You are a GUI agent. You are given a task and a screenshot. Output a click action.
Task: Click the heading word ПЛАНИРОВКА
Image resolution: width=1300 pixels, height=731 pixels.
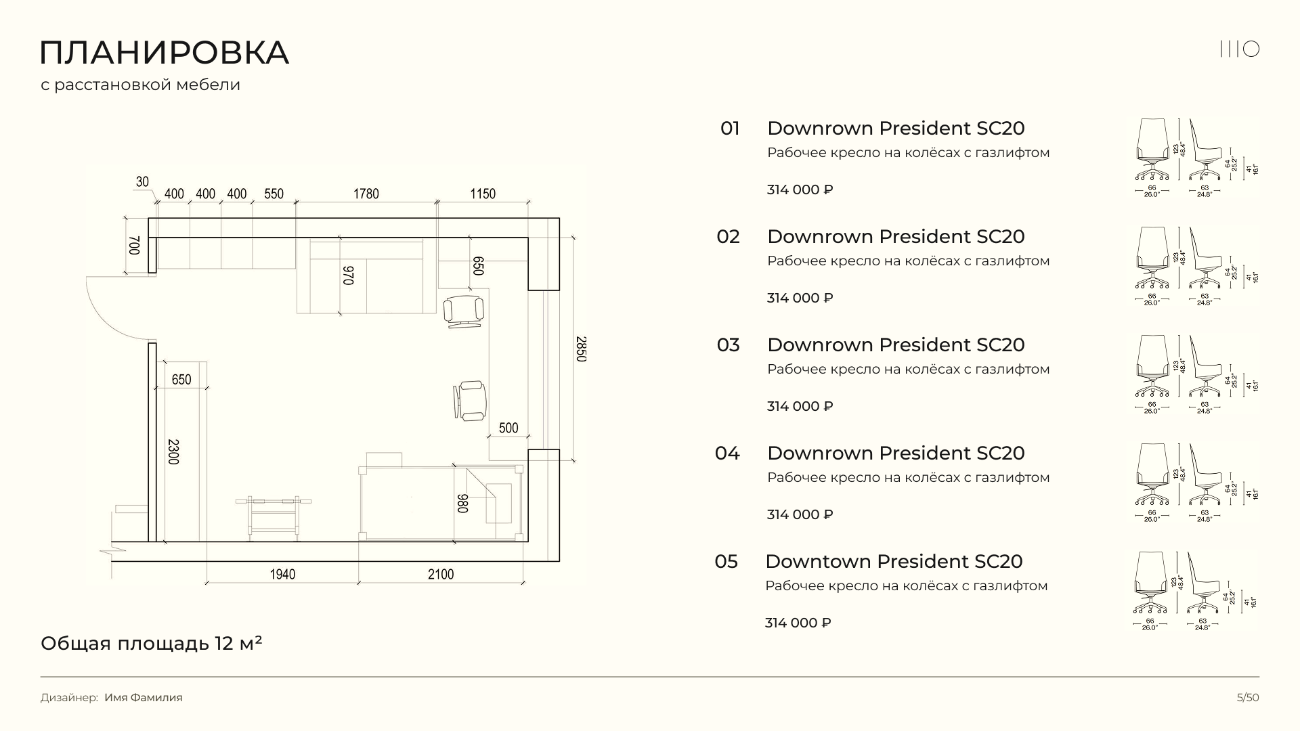click(165, 53)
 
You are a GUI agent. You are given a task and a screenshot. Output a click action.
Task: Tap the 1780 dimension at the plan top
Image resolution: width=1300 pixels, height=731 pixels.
click(366, 194)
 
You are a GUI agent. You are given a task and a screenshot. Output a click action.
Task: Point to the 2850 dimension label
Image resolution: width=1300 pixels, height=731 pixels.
click(580, 349)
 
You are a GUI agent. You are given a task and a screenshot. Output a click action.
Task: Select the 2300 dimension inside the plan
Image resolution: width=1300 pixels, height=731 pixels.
click(173, 451)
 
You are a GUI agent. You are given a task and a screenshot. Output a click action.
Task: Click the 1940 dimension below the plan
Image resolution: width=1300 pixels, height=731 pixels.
click(282, 575)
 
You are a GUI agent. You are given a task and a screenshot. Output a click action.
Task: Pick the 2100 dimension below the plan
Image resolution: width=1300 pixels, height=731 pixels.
click(441, 575)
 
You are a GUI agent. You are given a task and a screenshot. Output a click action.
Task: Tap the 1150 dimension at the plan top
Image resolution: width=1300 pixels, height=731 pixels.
click(483, 194)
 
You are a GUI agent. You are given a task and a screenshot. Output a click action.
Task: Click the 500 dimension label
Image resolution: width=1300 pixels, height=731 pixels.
click(508, 428)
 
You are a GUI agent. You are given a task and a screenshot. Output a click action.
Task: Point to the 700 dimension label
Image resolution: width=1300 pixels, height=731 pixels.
click(133, 245)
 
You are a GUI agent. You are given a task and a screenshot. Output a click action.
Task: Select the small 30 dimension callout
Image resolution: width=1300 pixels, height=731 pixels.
click(142, 181)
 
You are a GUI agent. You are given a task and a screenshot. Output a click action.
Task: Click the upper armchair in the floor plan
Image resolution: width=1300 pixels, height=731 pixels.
click(464, 311)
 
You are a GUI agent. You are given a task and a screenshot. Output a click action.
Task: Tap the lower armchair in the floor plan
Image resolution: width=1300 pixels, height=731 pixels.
click(471, 399)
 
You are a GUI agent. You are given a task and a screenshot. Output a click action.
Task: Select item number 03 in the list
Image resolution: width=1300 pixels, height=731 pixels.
click(728, 345)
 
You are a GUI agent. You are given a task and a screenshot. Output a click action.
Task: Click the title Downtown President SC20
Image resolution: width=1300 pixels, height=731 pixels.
click(894, 562)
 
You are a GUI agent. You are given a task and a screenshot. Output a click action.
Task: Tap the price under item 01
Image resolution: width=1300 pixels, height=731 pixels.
click(800, 190)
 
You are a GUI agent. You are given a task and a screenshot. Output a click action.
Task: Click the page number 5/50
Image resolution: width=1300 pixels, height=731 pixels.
click(1248, 698)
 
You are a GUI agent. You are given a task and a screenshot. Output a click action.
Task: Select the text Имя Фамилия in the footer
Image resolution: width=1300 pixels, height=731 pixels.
click(144, 698)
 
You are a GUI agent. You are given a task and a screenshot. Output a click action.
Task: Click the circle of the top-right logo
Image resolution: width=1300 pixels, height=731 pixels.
click(1251, 49)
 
